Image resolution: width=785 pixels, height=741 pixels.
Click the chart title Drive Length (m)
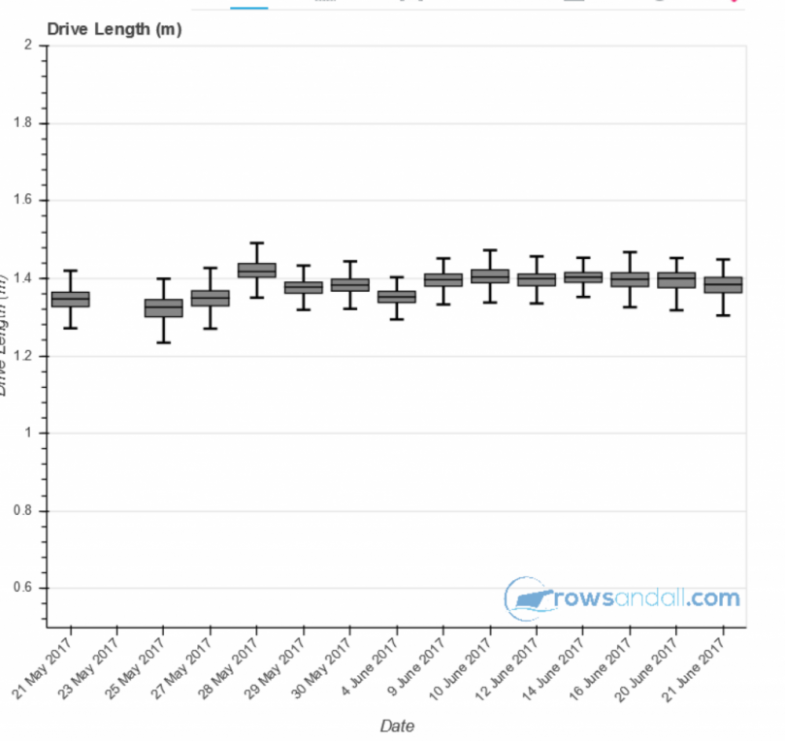click(x=114, y=30)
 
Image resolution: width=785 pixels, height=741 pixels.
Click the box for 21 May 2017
click(x=70, y=299)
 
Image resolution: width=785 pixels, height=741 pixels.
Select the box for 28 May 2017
click(x=257, y=270)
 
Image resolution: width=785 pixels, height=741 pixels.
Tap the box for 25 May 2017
click(x=163, y=308)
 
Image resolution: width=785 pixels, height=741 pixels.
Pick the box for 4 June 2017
click(x=397, y=297)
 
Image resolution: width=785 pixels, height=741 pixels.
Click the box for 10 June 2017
click(x=490, y=276)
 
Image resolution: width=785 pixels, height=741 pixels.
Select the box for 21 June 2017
click(x=724, y=284)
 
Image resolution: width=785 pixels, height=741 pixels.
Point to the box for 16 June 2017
click(x=631, y=279)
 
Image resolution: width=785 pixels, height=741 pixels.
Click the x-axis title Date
click(x=397, y=725)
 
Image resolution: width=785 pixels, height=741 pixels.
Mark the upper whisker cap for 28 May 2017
click(x=257, y=242)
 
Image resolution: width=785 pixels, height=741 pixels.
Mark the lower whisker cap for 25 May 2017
click(x=163, y=342)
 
